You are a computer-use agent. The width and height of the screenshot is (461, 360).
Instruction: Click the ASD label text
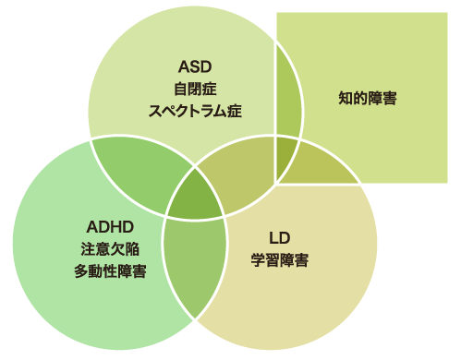[194, 68]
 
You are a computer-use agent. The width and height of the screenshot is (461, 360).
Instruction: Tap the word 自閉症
[194, 90]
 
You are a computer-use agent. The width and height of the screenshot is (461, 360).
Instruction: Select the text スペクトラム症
[194, 112]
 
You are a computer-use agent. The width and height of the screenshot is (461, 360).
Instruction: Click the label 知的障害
[367, 97]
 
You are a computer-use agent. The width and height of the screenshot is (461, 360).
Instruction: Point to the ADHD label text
[110, 226]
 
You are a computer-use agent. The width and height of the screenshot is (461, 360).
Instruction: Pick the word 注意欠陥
[110, 248]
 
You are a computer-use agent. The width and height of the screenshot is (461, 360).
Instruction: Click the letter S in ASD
[194, 68]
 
